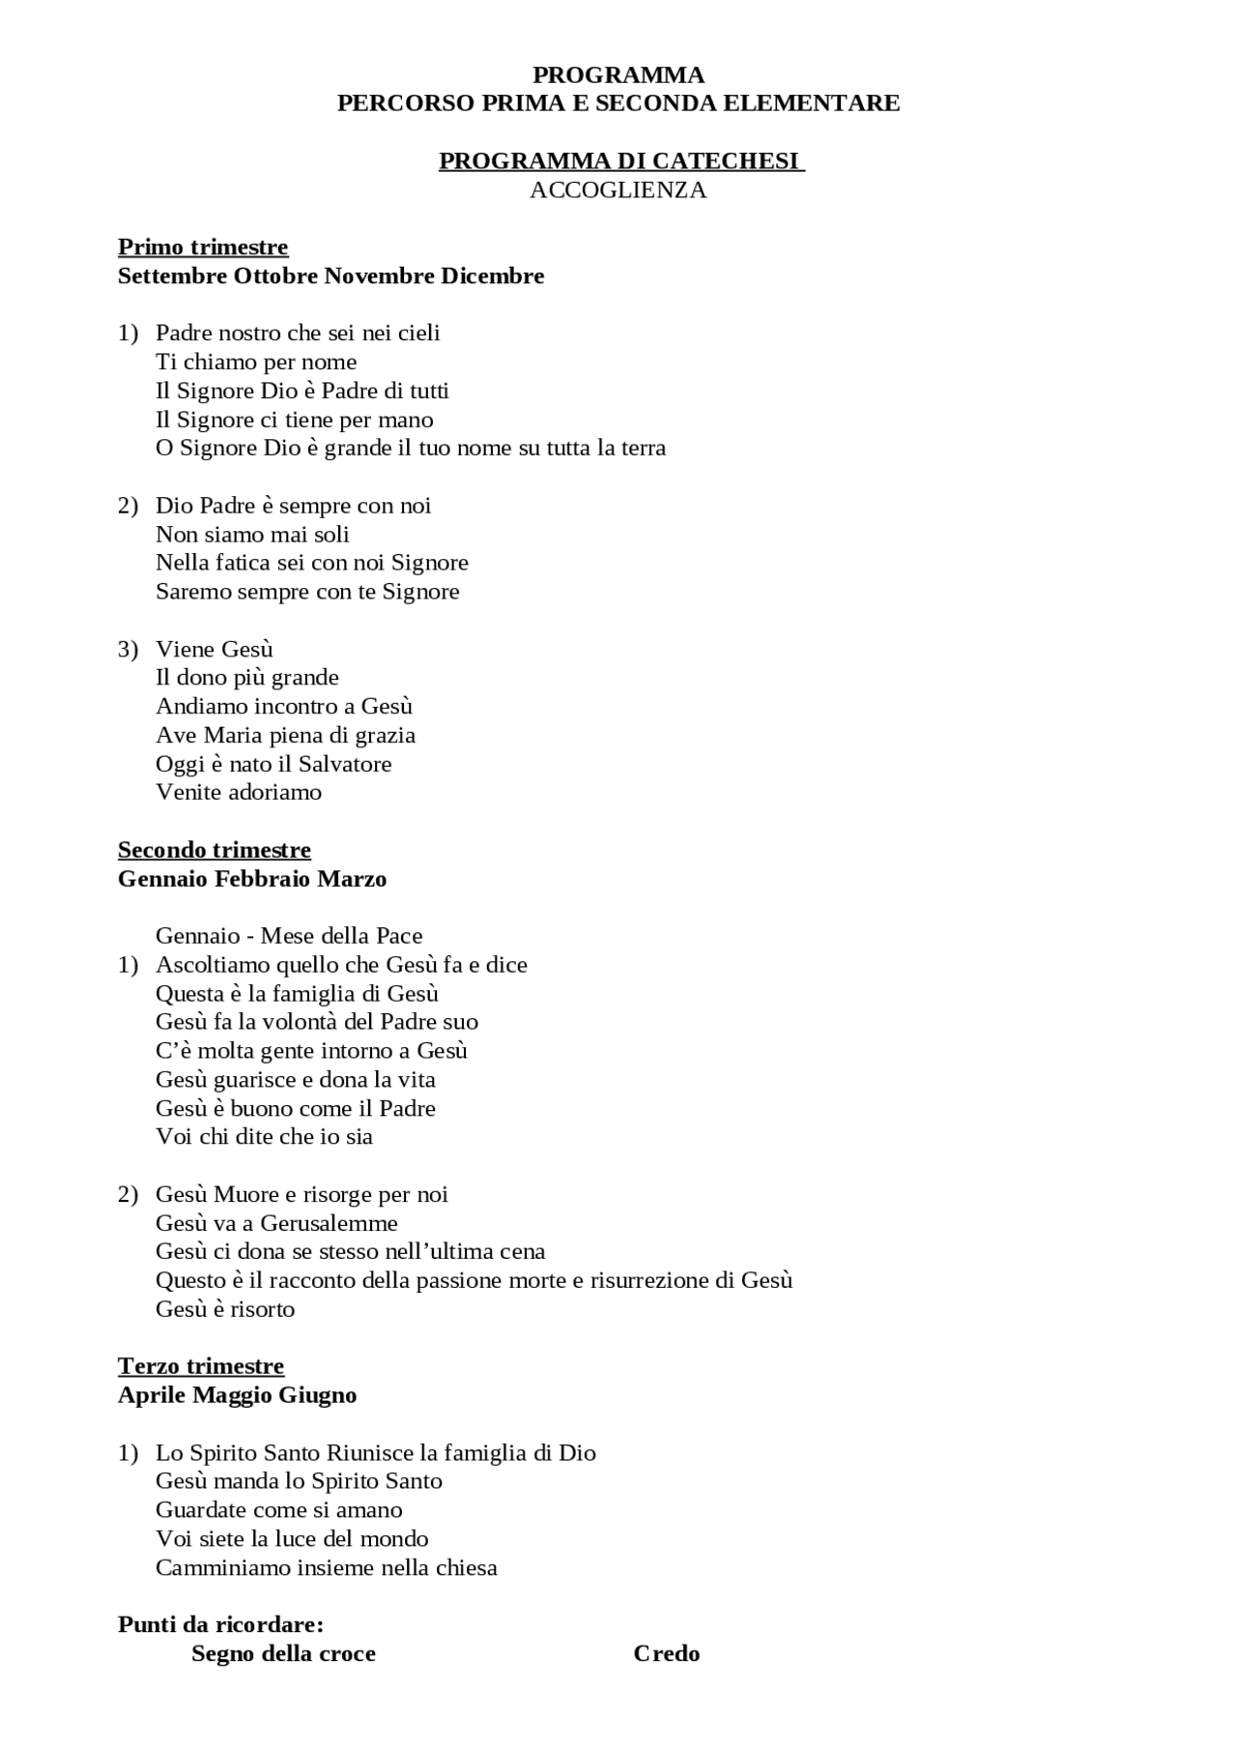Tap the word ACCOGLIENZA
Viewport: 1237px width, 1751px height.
tap(618, 190)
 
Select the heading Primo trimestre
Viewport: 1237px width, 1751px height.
tap(203, 247)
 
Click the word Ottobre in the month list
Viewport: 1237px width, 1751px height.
tap(275, 276)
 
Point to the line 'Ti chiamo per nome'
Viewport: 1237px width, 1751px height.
tap(256, 362)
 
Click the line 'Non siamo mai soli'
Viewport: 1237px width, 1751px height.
tap(252, 534)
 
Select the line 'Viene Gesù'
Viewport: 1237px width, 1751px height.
tap(215, 649)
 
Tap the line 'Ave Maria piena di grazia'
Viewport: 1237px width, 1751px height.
tap(285, 735)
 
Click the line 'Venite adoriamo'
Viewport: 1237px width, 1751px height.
tap(239, 792)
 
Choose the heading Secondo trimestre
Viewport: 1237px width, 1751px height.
tap(215, 850)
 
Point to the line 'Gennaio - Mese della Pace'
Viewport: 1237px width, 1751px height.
tap(289, 935)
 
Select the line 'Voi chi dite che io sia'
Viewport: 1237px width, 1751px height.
tap(264, 1136)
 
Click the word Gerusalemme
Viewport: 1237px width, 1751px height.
tap(329, 1223)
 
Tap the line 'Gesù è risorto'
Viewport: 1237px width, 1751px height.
tap(225, 1309)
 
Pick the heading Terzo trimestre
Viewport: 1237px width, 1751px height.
tap(201, 1366)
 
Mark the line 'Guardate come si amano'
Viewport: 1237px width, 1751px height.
tap(279, 1509)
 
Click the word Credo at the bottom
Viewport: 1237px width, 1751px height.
tap(667, 1653)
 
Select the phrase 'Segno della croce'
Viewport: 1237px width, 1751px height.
tap(283, 1653)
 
